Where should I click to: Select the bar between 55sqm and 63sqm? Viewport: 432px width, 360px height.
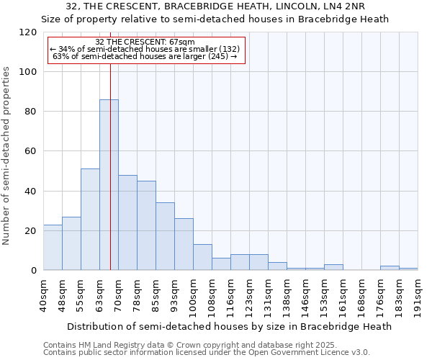pyautogui.click(x=90, y=220)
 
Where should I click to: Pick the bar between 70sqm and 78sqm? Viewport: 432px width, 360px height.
pyautogui.click(x=127, y=222)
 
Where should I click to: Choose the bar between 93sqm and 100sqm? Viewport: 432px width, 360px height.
pyautogui.click(x=184, y=244)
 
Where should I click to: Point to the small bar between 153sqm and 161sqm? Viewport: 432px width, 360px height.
pyautogui.click(x=333, y=267)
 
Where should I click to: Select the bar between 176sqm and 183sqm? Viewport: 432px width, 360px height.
pyautogui.click(x=390, y=268)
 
